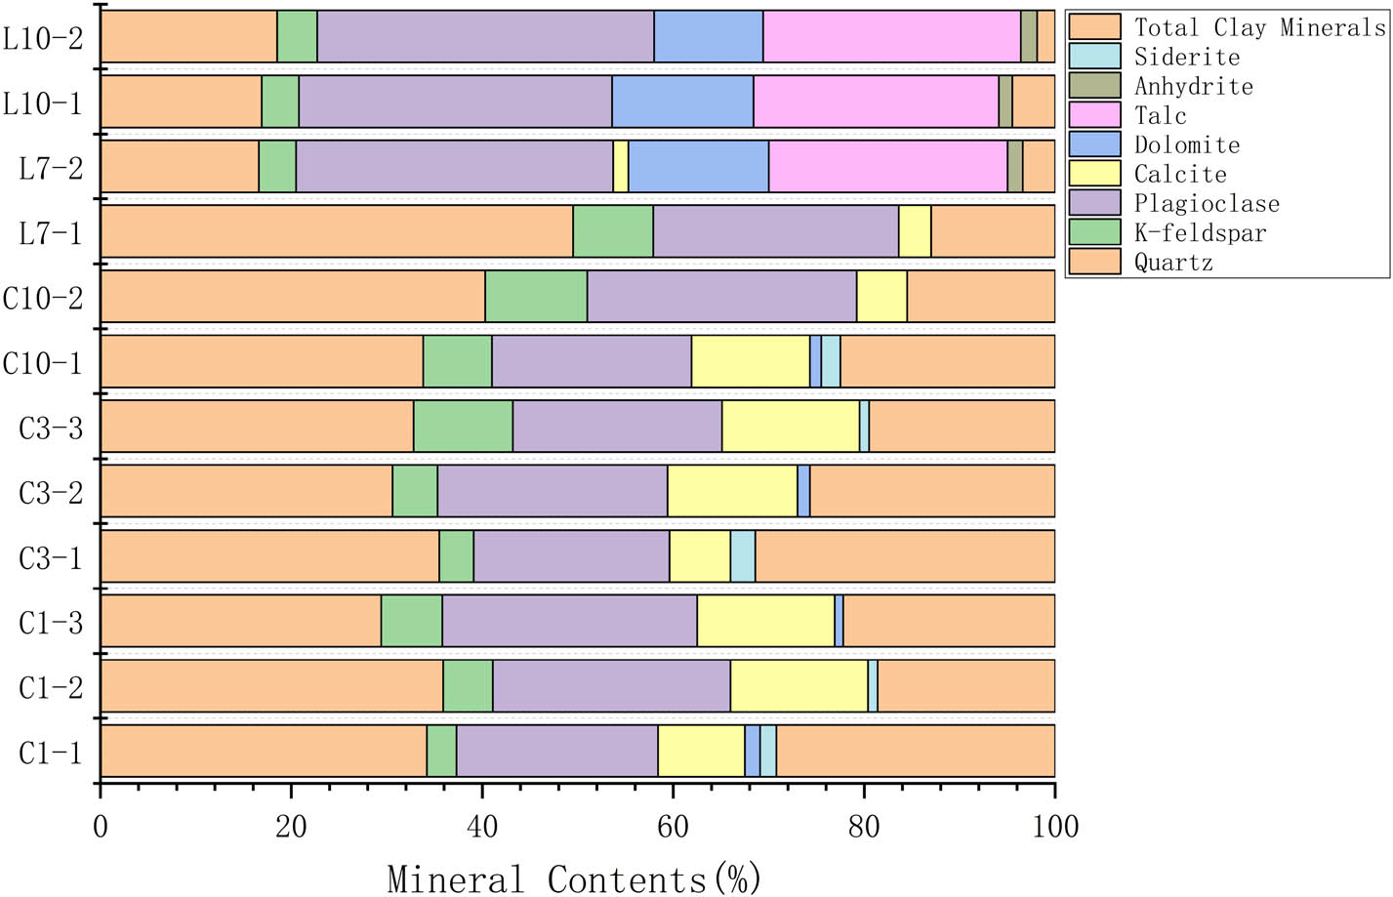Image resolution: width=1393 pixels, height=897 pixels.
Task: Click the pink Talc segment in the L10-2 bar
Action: point(891,37)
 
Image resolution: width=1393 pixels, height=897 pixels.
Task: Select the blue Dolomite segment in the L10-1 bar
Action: point(682,102)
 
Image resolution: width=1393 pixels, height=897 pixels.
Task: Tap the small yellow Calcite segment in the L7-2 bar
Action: point(620,166)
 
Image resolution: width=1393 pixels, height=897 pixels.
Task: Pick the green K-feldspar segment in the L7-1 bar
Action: point(612,230)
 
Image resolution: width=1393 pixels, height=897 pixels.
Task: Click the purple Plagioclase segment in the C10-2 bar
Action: point(721,296)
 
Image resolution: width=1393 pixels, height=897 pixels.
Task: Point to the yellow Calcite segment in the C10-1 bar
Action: point(750,361)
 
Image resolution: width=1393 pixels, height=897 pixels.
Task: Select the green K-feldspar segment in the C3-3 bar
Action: point(463,426)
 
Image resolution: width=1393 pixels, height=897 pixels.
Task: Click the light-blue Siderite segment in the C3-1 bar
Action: point(742,555)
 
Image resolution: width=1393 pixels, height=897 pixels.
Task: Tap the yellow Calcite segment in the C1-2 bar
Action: point(799,685)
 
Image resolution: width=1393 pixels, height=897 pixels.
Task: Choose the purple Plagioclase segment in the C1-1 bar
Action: point(556,751)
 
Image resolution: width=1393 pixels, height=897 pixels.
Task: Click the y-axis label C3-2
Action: point(51,492)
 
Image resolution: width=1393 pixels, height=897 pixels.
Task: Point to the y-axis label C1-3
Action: point(51,622)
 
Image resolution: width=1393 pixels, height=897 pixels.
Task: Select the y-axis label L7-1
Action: point(51,232)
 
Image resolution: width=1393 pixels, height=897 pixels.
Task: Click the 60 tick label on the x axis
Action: point(673,828)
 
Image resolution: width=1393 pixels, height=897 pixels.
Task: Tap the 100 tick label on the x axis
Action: point(1054,828)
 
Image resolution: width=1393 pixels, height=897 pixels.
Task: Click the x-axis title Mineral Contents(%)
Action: point(574,878)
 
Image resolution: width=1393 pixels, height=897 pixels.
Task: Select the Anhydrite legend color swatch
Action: point(1095,86)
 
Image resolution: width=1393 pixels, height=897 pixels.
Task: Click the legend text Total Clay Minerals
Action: point(1259,27)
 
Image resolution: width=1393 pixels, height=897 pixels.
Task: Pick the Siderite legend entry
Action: point(1186,57)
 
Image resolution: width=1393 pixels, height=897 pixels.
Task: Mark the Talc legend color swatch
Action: point(1095,115)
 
